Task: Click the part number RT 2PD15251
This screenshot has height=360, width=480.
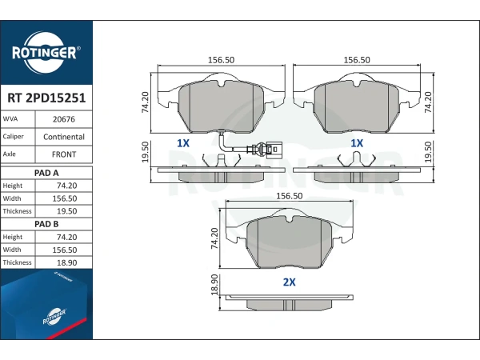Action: click(46, 98)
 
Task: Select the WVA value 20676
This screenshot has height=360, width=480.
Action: click(64, 119)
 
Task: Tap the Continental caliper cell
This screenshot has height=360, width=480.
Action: click(64, 137)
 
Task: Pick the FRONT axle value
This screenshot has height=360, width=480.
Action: click(64, 154)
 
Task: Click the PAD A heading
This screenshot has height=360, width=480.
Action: click(46, 173)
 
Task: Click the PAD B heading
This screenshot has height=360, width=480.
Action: click(46, 224)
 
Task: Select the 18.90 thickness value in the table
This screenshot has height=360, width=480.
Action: click(66, 262)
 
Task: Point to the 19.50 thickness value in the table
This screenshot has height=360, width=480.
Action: click(66, 211)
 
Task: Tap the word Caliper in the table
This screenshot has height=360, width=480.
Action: click(13, 137)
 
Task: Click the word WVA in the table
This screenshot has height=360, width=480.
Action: click(10, 118)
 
